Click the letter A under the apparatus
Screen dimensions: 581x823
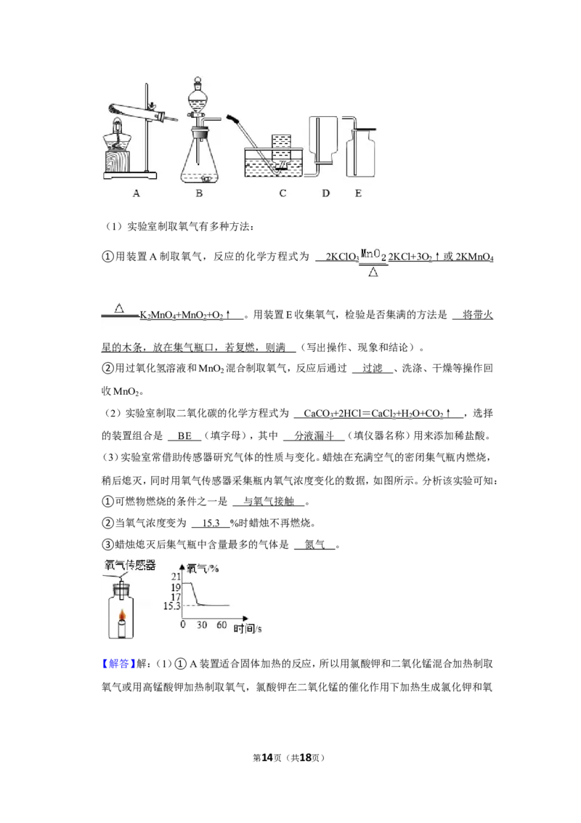(x=137, y=193)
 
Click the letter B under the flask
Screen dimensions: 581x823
(x=199, y=193)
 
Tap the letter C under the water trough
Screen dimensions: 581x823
(x=283, y=193)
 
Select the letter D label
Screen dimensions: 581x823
(x=325, y=193)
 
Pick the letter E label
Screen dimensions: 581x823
(x=358, y=193)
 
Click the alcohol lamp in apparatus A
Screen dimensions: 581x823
(x=117, y=142)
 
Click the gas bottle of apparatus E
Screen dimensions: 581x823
(x=361, y=153)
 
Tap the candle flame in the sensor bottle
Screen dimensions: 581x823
(x=122, y=615)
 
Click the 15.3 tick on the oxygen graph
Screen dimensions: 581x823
(x=171, y=606)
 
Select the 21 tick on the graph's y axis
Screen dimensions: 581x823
(x=176, y=577)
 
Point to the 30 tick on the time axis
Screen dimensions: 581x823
(x=202, y=625)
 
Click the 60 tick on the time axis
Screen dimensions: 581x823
(x=222, y=625)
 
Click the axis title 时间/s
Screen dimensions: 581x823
(x=248, y=628)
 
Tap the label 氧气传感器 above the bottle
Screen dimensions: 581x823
(x=130, y=565)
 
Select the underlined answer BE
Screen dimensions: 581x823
(x=184, y=435)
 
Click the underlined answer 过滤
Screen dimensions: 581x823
(x=373, y=369)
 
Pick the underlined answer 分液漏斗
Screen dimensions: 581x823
(x=314, y=435)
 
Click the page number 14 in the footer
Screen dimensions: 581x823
(x=267, y=758)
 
